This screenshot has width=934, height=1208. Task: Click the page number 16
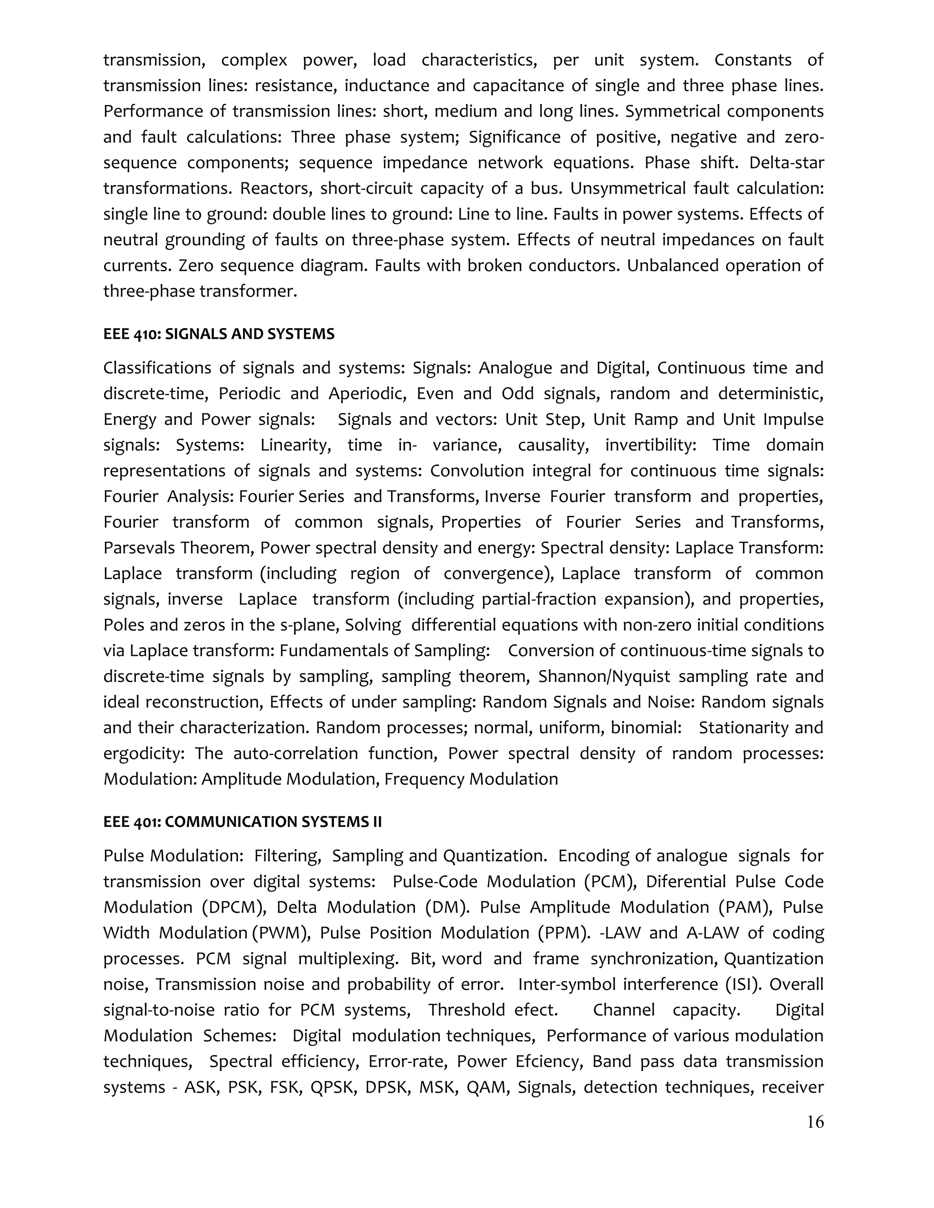click(815, 1122)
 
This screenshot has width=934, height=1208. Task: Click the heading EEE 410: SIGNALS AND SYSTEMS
click(218, 334)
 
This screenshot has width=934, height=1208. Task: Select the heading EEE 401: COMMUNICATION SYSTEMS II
click(242, 822)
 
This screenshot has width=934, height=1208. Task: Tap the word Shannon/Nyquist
click(604, 676)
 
